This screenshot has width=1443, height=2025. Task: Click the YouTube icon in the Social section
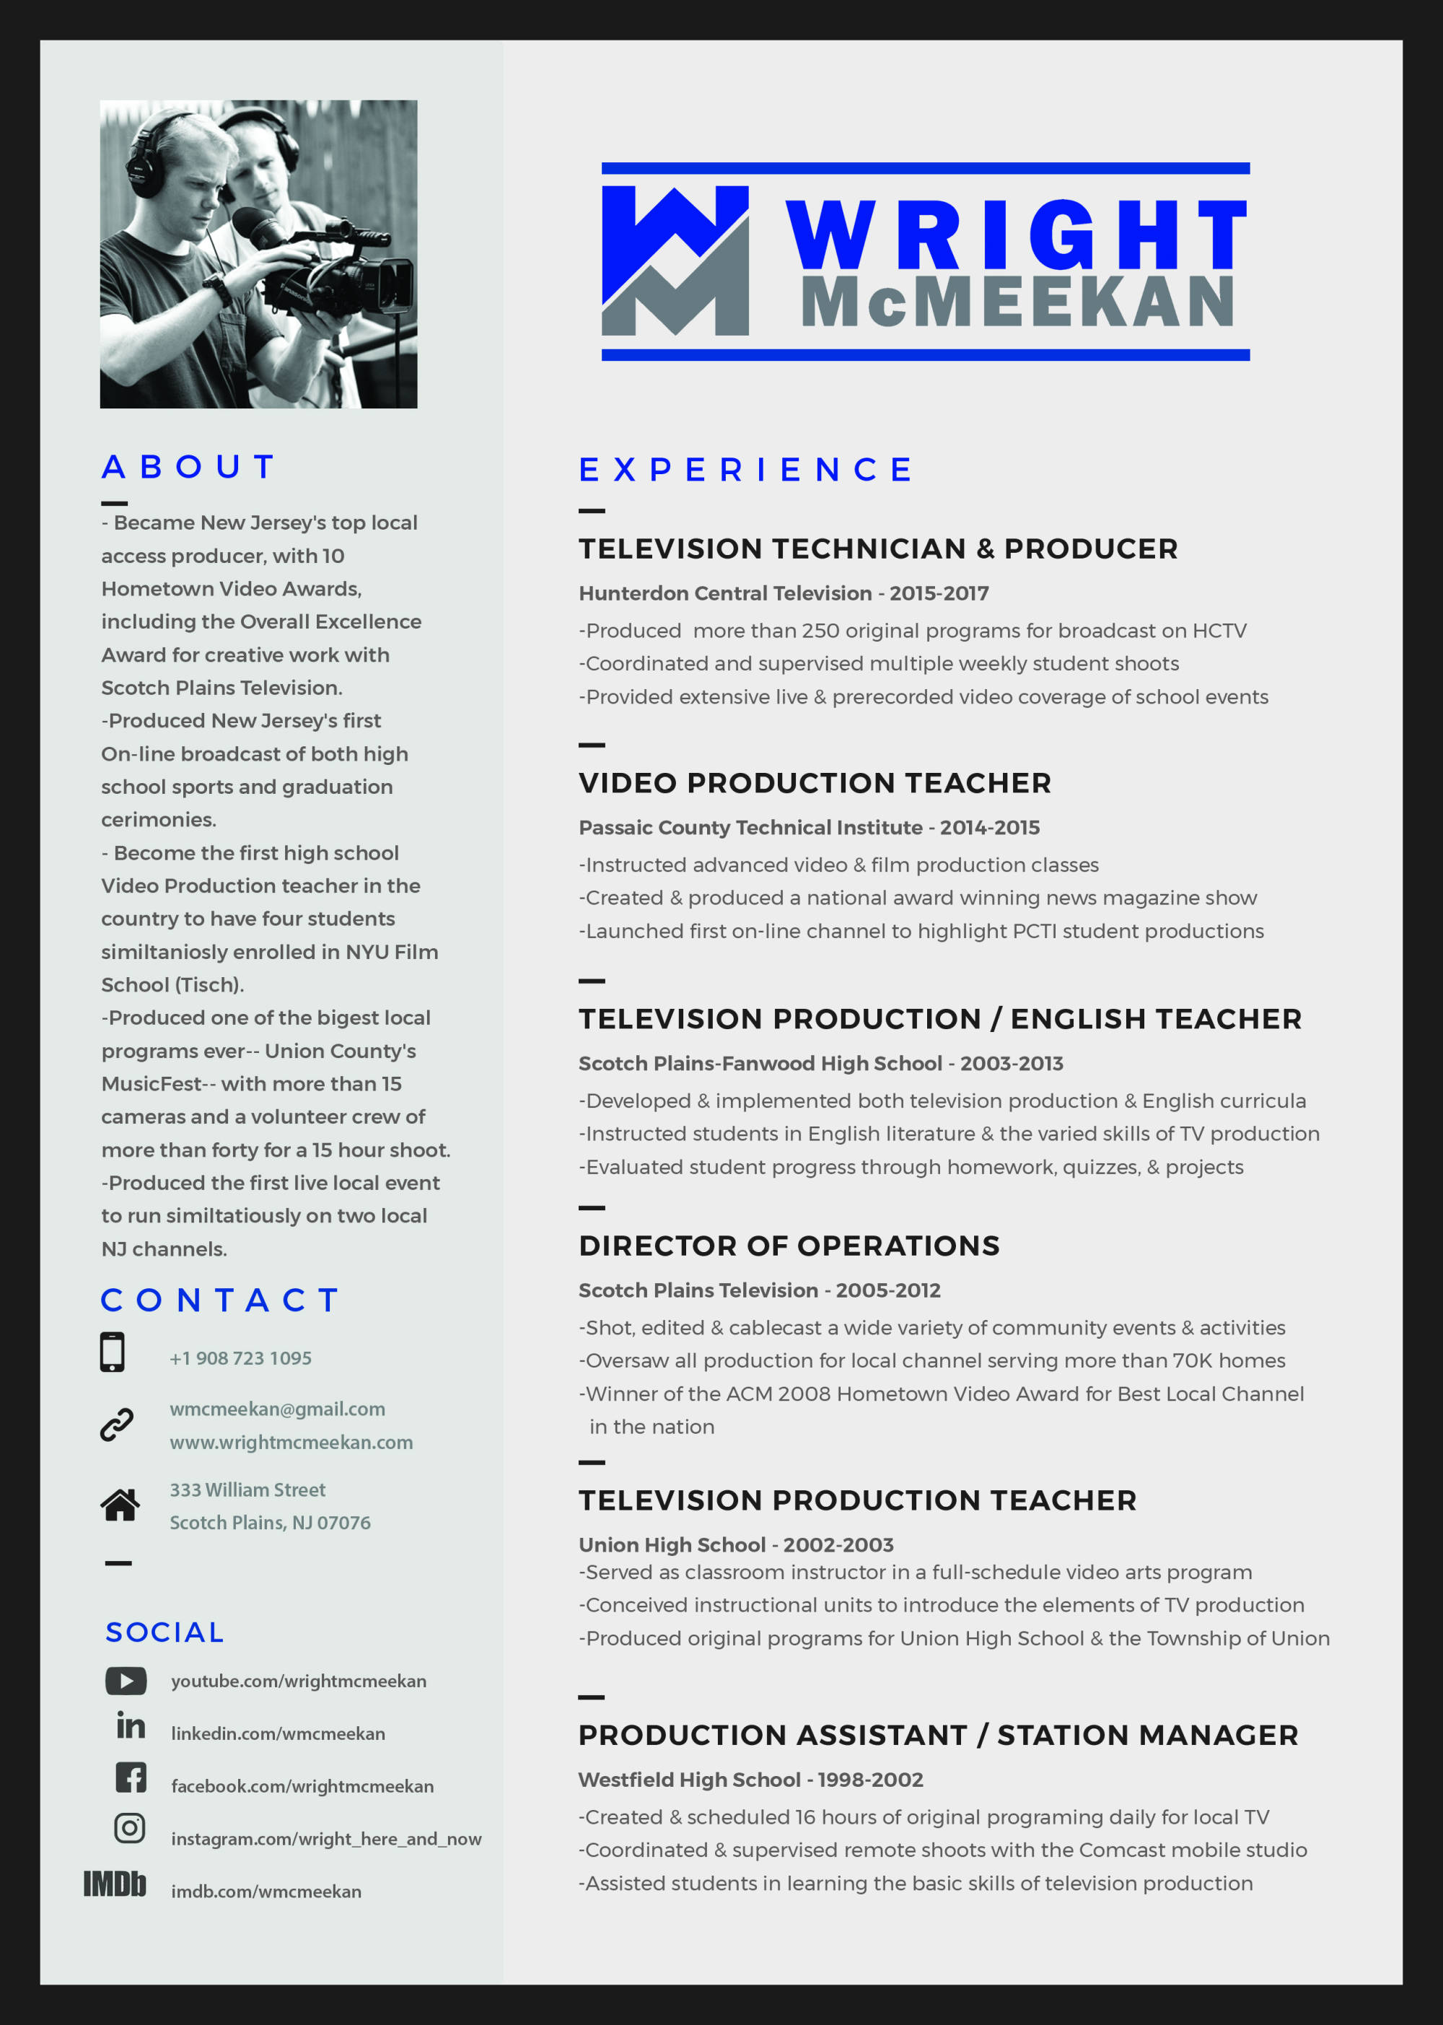[126, 1680]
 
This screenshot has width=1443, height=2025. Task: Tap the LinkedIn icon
[131, 1726]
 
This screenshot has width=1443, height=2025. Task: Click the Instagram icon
[130, 1828]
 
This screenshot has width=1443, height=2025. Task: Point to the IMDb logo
[115, 1884]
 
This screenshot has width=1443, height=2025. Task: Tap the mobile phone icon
[112, 1352]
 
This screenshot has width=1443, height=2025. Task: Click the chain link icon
[116, 1425]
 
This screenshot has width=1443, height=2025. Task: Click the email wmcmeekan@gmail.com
[277, 1409]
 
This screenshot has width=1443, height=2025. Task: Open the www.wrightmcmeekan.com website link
[291, 1442]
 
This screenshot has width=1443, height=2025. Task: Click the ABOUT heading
[188, 466]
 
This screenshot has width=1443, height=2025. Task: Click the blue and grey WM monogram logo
[675, 261]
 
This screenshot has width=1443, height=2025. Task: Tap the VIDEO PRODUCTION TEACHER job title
[815, 783]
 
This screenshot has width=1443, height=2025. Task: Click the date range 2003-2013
[1011, 1064]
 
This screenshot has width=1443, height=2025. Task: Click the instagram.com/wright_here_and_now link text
[326, 1838]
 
